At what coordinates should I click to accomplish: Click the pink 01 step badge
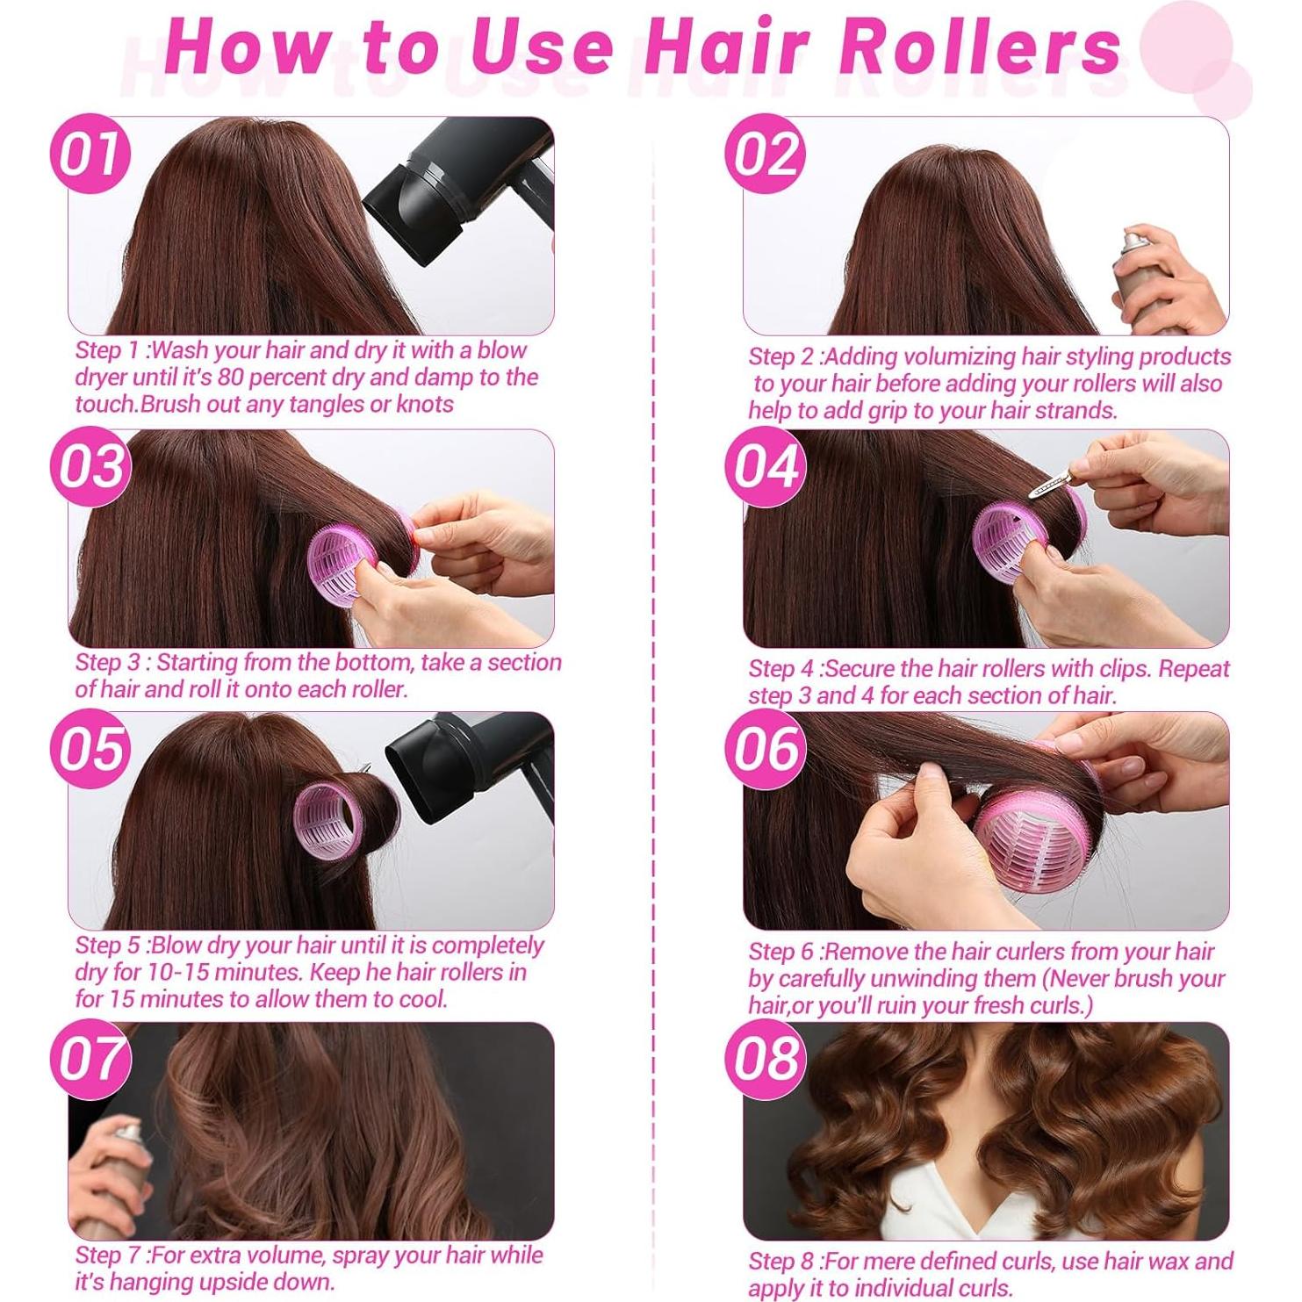click(90, 155)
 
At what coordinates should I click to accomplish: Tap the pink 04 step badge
click(766, 466)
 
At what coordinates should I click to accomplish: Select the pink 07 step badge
click(90, 1059)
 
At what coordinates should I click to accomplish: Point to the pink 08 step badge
click(766, 1059)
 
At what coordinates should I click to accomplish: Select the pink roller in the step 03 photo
click(347, 562)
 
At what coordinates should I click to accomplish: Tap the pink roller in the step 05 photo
click(329, 821)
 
